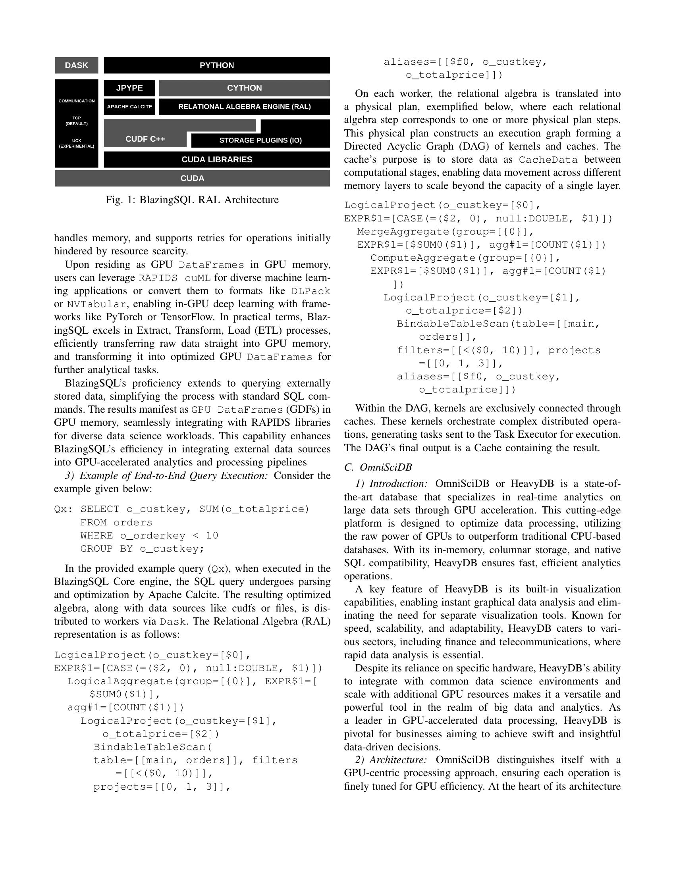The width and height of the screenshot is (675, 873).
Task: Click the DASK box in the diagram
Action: (x=76, y=65)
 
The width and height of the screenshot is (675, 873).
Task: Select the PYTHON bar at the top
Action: (x=217, y=65)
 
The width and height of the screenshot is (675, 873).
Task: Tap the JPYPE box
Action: (x=129, y=88)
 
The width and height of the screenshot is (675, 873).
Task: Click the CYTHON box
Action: (x=244, y=88)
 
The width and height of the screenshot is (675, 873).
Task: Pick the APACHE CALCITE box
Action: (x=129, y=107)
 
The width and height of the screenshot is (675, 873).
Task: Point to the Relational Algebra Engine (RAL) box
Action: (x=244, y=107)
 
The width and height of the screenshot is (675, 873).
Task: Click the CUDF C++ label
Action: (x=145, y=139)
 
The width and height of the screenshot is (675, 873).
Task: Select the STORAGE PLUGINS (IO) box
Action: (x=260, y=140)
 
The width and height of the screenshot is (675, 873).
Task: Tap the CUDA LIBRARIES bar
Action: (x=217, y=160)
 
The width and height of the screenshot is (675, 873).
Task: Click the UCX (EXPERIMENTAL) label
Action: (x=76, y=144)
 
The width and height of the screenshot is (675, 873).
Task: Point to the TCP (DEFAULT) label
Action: (x=76, y=121)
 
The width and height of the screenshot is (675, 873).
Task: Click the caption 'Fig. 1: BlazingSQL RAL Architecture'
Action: (x=192, y=200)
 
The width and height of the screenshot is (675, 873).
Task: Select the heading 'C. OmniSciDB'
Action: (x=378, y=467)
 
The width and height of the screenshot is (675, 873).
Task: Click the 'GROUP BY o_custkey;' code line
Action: (x=142, y=549)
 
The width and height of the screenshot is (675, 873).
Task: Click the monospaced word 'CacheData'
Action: (x=548, y=160)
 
